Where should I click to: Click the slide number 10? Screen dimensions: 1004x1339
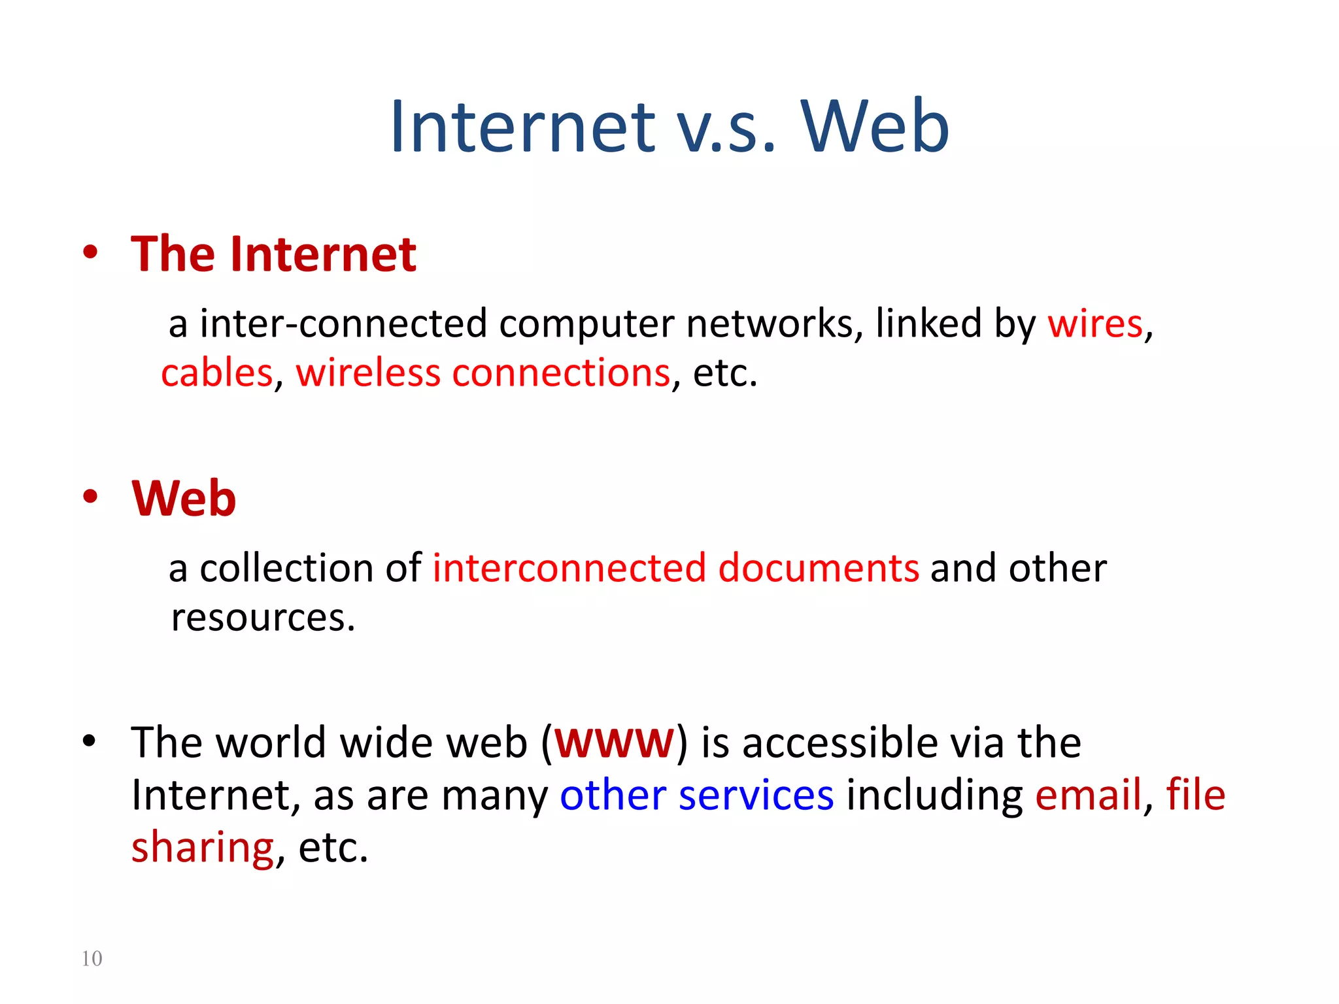pyautogui.click(x=92, y=958)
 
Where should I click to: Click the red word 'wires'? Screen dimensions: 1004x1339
pyautogui.click(x=1095, y=324)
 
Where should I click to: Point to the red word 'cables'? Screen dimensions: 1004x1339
pyautogui.click(x=216, y=373)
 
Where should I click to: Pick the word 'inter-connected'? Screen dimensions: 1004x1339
pyautogui.click(x=343, y=324)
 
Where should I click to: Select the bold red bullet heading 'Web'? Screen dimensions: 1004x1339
pyautogui.click(x=184, y=498)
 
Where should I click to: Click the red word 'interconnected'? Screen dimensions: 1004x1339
pyautogui.click(x=569, y=567)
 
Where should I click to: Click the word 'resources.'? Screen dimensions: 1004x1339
pyautogui.click(x=263, y=618)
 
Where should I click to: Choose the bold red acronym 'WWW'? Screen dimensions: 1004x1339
pyautogui.click(x=614, y=743)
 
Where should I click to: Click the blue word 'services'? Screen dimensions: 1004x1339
pyautogui.click(x=756, y=795)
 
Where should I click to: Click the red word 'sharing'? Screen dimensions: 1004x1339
pyautogui.click(x=202, y=847)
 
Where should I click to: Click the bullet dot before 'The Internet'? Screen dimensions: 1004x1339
pyautogui.click(x=90, y=252)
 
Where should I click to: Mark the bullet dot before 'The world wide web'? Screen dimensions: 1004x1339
pyautogui.click(x=90, y=741)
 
